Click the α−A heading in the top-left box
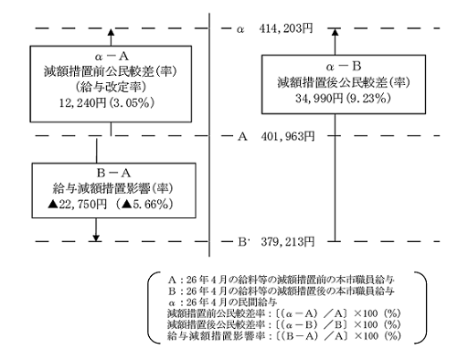[110, 54]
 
